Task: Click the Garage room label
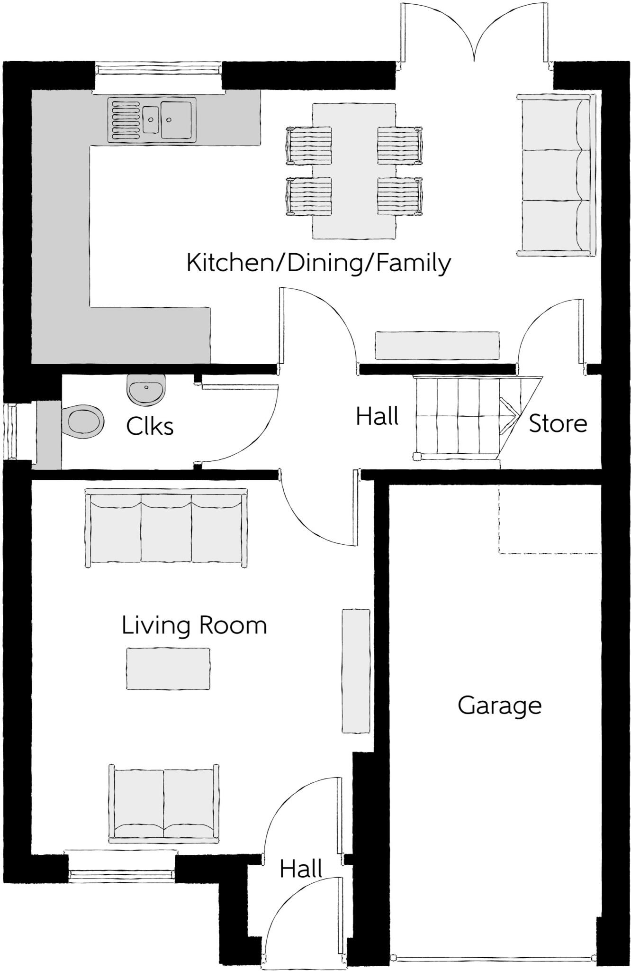point(499,706)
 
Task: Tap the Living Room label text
point(194,625)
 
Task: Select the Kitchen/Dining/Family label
point(318,263)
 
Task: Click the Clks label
point(150,427)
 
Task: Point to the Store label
point(558,423)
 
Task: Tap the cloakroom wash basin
point(146,389)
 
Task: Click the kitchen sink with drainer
point(152,119)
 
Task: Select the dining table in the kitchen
point(354,171)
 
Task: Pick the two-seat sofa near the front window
point(164,804)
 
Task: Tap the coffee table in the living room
point(168,669)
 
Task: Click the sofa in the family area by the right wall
point(555,175)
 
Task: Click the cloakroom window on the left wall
point(10,431)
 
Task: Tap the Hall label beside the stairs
point(377,417)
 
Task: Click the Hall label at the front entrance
point(301,869)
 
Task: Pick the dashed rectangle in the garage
point(550,519)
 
